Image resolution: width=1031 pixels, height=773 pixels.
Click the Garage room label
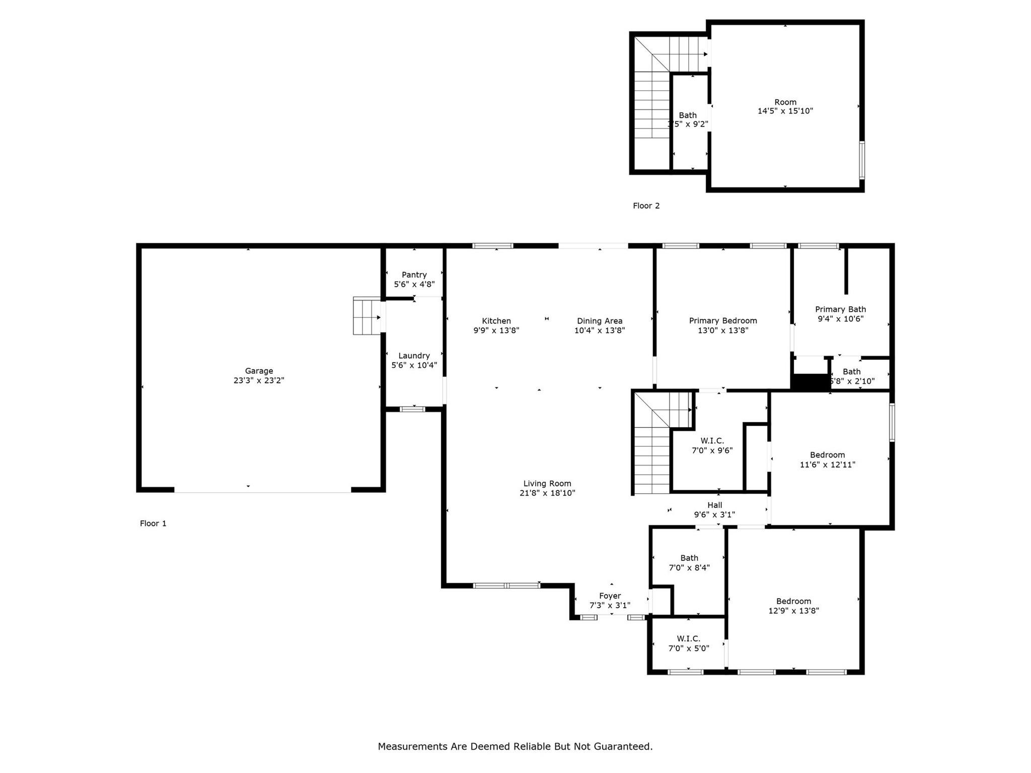259,371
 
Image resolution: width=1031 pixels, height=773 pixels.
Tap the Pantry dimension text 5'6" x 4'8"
414,284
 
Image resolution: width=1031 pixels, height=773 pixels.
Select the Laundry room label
414,356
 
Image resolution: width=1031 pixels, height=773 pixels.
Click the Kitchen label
496,321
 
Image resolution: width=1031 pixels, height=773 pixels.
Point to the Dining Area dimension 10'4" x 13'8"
600,331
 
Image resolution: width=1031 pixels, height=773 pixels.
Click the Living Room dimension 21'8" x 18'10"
547,493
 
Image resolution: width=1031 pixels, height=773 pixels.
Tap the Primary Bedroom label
723,321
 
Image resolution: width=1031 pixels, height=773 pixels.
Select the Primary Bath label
840,310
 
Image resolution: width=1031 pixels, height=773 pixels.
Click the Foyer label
610,596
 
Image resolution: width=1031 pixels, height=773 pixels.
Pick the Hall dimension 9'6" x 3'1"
714,515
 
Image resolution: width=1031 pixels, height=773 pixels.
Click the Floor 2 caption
646,206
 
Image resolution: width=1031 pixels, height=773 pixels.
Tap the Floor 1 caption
153,523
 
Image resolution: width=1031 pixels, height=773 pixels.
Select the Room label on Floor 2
785,102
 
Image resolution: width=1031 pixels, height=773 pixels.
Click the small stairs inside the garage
366,316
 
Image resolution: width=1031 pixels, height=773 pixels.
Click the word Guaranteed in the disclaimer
622,746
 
